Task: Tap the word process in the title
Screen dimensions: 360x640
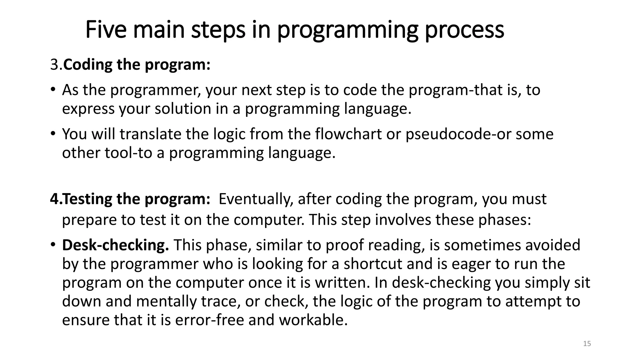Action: click(464, 30)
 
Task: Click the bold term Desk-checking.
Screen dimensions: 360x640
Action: click(115, 245)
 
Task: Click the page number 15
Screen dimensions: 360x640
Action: click(587, 344)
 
